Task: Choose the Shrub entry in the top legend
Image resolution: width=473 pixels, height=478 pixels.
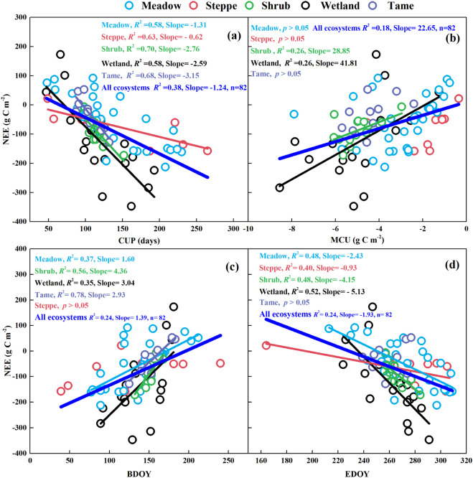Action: (x=281, y=7)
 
